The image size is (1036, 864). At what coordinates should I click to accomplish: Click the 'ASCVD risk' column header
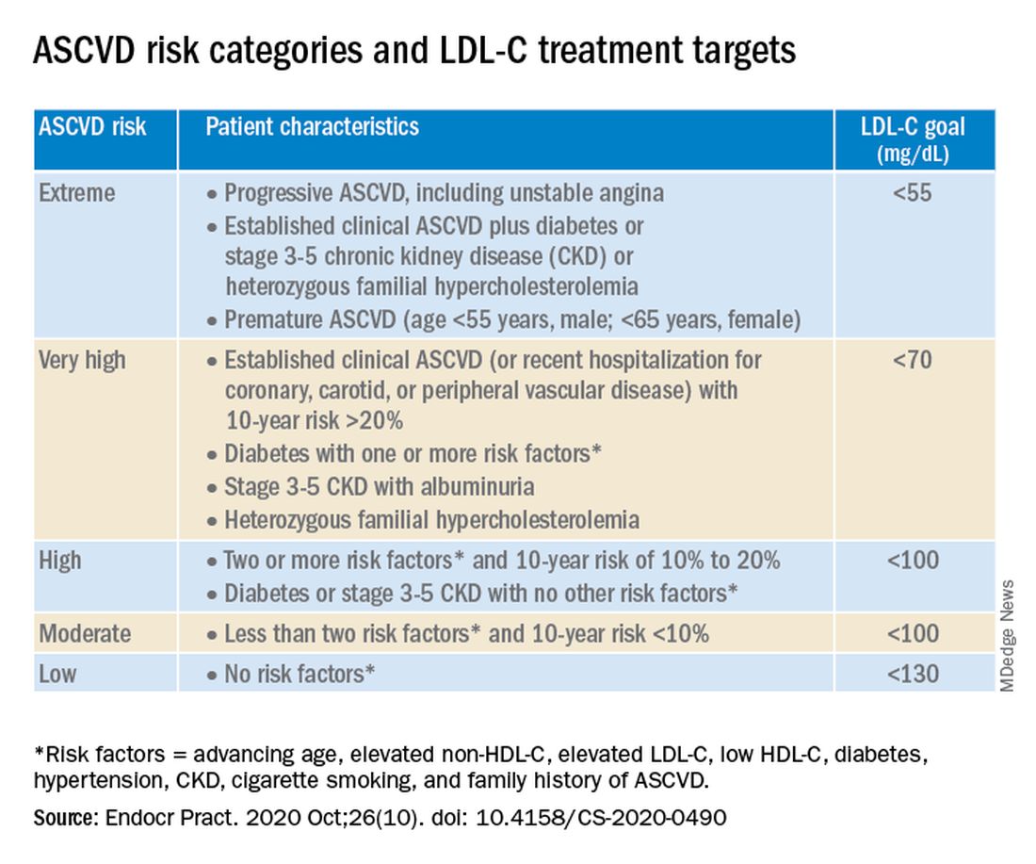click(x=92, y=126)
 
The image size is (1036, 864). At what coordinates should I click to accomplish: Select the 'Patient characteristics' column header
click(x=312, y=126)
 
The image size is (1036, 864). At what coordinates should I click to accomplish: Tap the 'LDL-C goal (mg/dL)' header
click(x=913, y=139)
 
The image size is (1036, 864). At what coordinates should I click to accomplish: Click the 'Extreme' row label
click(x=76, y=193)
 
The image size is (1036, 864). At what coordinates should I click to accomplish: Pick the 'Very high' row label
click(x=82, y=361)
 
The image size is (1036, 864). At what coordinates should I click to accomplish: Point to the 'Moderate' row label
click(x=85, y=633)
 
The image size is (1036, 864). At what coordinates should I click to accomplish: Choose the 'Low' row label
click(x=57, y=674)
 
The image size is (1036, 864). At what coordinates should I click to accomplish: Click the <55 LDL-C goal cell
click(x=913, y=193)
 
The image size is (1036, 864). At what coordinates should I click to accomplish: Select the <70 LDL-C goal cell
click(x=913, y=360)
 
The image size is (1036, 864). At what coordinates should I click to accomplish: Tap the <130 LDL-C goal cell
click(x=913, y=674)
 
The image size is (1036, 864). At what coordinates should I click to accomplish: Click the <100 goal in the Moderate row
click(x=913, y=633)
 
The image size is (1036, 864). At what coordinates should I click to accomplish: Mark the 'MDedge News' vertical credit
click(x=1007, y=636)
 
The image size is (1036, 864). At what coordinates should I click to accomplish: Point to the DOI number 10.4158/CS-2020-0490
click(x=601, y=818)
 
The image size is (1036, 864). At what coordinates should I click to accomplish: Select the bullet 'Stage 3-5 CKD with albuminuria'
click(x=380, y=487)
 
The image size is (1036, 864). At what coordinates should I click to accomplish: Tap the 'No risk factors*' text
click(x=299, y=674)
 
